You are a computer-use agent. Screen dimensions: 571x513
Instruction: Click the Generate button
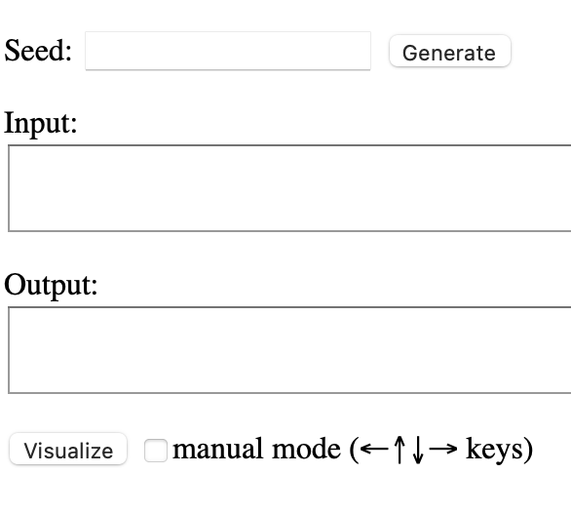tap(450, 51)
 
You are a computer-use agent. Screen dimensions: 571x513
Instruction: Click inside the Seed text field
tap(228, 51)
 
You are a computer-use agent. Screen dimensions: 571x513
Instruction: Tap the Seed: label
tap(38, 51)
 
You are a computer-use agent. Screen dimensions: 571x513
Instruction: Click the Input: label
tap(40, 124)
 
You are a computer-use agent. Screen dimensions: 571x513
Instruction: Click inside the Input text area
tap(289, 188)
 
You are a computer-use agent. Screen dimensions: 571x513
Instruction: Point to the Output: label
tap(51, 285)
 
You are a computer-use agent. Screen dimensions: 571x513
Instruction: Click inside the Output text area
tap(289, 350)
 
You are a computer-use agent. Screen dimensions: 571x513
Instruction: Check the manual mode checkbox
tap(156, 451)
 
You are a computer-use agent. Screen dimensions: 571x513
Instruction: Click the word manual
tap(217, 449)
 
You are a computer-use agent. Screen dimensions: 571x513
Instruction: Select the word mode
tap(306, 449)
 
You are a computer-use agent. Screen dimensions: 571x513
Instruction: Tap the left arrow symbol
tap(374, 449)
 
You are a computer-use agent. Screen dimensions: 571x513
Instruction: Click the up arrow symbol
tap(400, 450)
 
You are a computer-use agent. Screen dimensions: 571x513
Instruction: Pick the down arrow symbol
tap(418, 450)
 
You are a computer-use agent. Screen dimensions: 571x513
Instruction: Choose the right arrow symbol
tap(443, 449)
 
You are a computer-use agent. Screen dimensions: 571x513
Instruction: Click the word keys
tap(495, 450)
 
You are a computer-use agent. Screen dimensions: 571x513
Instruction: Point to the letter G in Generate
tap(409, 54)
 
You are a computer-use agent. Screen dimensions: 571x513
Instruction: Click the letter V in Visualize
tap(31, 451)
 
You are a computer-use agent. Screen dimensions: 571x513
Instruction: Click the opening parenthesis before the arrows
tap(354, 450)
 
